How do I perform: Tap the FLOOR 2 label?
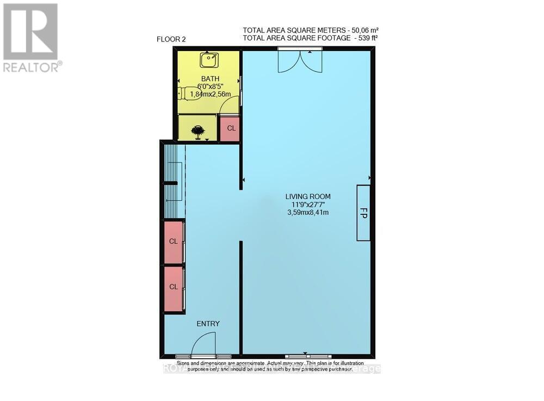172,40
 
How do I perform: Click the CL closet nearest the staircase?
174,241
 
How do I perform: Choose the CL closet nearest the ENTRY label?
174,287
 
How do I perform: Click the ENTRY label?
208,324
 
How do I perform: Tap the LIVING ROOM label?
308,196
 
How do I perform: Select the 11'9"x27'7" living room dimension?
308,205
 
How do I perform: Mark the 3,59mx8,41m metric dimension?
308,213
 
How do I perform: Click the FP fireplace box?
363,213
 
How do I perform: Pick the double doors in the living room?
299,60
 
